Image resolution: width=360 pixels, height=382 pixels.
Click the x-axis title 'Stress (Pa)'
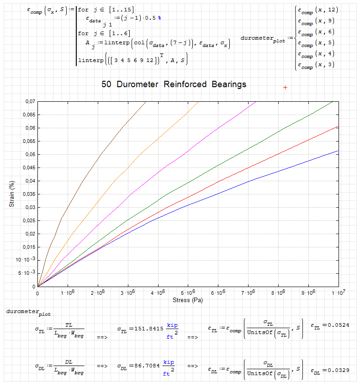188,300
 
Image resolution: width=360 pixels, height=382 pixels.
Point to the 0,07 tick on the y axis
28,101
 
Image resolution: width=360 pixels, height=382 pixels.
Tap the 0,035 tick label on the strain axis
27,194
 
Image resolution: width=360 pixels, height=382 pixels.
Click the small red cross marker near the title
285,87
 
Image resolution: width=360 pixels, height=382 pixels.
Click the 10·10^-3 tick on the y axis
26,260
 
